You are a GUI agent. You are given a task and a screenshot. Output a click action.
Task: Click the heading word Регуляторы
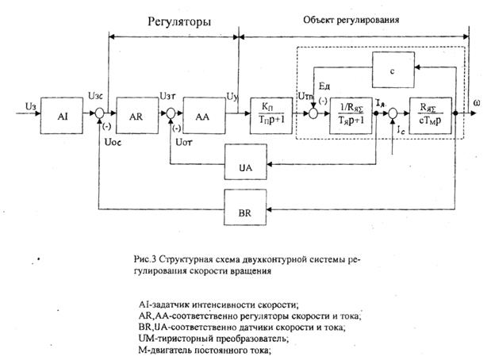click(x=175, y=22)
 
